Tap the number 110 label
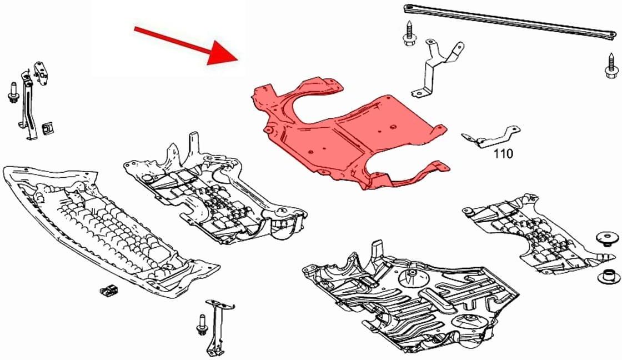point(503,152)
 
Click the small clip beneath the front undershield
point(108,289)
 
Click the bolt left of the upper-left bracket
point(13,94)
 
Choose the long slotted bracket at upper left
point(26,106)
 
